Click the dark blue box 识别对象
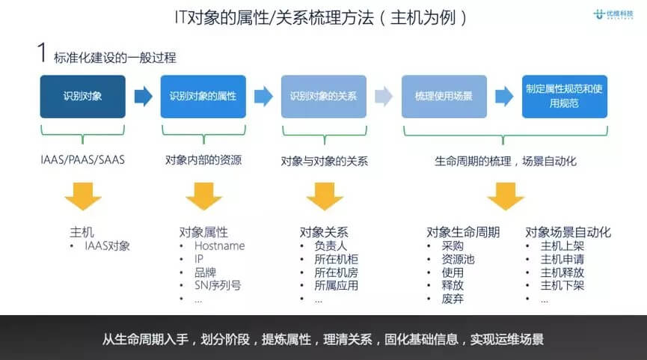pos(82,97)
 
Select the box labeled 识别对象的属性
pos(203,97)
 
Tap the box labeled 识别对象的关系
pos(323,97)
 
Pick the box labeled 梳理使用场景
pos(444,97)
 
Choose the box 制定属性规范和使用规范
pos(564,97)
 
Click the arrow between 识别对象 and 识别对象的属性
pos(143,96)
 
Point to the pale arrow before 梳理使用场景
pos(384,96)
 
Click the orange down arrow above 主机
pos(82,196)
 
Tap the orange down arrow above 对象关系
pos(325,196)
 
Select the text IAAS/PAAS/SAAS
pos(82,160)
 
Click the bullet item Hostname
pos(219,245)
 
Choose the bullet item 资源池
pos(459,259)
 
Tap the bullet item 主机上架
pos(563,245)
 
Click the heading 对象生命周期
pos(463,232)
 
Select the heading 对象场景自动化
pos(568,232)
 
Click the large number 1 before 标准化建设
pos(43,54)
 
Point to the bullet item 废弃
pos(453,299)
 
